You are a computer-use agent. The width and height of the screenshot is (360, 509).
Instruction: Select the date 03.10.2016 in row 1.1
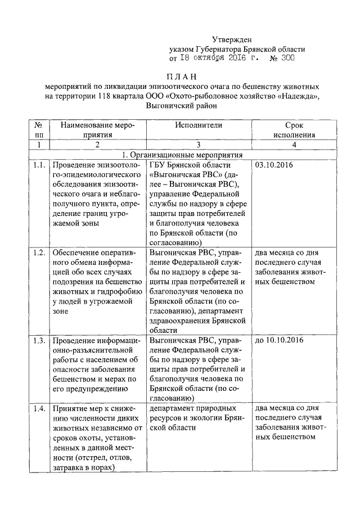[274, 165]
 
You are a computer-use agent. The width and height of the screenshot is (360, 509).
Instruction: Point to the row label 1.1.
[38, 165]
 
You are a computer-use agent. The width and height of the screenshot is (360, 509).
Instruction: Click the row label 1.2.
[38, 251]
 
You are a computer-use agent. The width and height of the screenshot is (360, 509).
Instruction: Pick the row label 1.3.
[38, 340]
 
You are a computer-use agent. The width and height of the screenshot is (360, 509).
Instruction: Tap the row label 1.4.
[38, 408]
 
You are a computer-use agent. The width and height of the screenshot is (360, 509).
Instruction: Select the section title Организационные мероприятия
[183, 154]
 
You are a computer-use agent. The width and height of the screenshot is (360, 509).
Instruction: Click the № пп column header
[38, 130]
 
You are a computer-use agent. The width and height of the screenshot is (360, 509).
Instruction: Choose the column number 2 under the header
[97, 145]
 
